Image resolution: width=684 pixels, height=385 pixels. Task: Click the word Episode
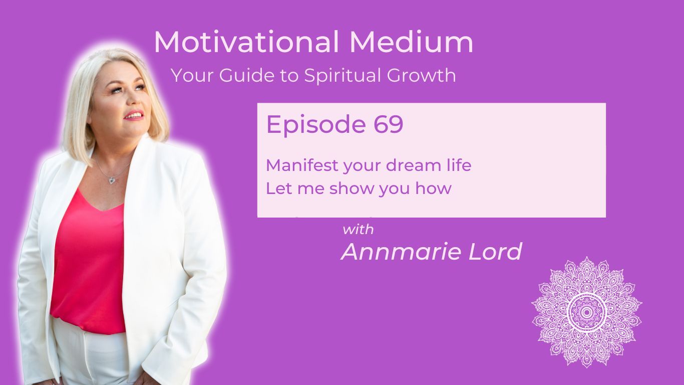point(315,124)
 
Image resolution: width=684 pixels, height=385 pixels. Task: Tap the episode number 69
point(388,124)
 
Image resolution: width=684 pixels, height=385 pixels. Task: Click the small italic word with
point(358,230)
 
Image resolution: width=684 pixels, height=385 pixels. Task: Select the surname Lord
point(496,252)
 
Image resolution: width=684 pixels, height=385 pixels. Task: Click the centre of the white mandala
point(586,312)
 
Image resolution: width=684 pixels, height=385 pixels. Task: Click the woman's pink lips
point(134,116)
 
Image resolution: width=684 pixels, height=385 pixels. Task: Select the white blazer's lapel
point(150,190)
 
